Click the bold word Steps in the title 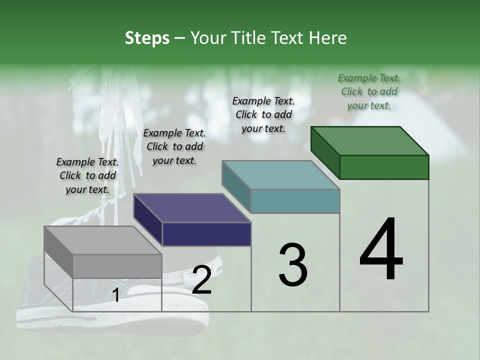click(x=147, y=38)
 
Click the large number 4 click(x=381, y=250)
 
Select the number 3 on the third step click(x=292, y=265)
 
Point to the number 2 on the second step click(x=201, y=280)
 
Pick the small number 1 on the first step click(x=115, y=296)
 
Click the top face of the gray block click(x=102, y=240)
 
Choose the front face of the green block click(x=384, y=167)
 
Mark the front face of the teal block click(x=295, y=201)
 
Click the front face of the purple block click(x=206, y=234)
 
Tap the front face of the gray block click(x=117, y=266)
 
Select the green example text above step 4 click(x=369, y=91)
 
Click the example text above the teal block click(x=263, y=114)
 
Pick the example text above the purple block click(x=174, y=146)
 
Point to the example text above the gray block click(x=87, y=175)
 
